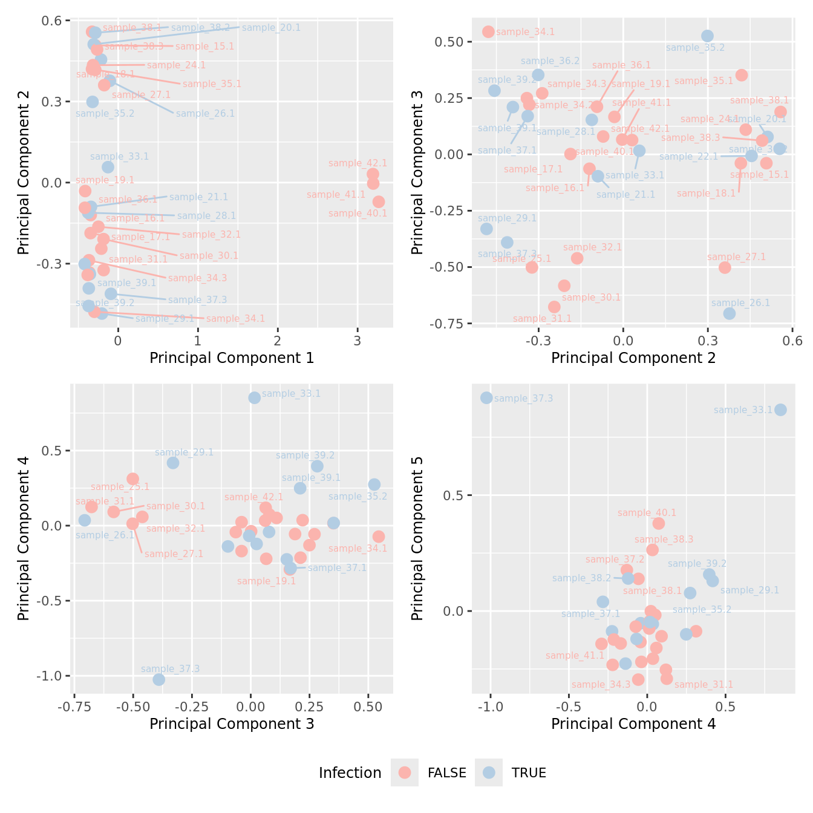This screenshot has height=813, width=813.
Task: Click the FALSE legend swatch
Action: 405,772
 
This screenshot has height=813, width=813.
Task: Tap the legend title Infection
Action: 350,773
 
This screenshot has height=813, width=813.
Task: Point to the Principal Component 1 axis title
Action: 232,358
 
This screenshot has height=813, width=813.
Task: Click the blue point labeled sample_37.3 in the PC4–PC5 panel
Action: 486,397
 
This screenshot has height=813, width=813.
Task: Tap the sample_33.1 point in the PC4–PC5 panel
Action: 780,410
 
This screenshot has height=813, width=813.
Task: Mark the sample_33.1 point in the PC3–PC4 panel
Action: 254,397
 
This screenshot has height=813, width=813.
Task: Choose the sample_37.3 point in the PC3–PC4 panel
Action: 158,679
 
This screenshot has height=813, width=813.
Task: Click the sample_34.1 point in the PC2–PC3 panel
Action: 488,31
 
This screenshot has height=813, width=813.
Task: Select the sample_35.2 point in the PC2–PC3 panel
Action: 707,36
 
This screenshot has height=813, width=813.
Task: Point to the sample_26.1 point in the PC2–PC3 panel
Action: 730,313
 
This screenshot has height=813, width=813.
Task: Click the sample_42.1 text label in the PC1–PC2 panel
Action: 358,163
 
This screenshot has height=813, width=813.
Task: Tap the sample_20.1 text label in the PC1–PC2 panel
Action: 271,28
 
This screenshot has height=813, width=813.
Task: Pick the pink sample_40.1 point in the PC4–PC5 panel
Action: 658,523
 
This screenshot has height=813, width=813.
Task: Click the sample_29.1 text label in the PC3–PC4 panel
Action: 184,452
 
